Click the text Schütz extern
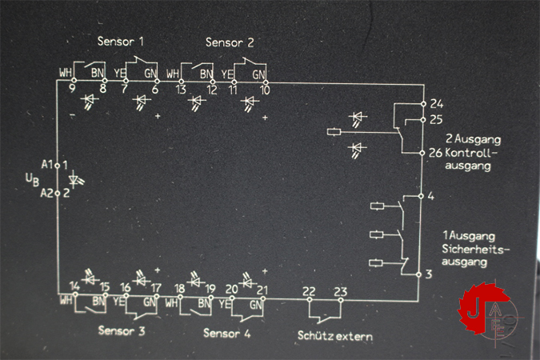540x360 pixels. click(x=334, y=336)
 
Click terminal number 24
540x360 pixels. click(x=436, y=104)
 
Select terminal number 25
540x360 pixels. click(x=436, y=120)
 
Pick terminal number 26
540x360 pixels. click(x=436, y=153)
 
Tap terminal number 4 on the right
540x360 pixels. click(x=431, y=196)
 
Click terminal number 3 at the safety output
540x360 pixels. click(x=431, y=275)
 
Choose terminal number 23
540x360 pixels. click(x=340, y=291)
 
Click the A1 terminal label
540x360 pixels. click(x=47, y=165)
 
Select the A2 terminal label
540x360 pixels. click(x=47, y=193)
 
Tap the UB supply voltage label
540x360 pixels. click(x=31, y=179)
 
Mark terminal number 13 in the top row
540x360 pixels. click(x=182, y=89)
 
